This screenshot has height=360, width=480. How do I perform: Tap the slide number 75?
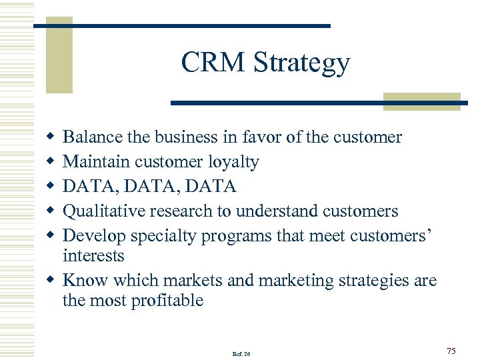tap(451, 351)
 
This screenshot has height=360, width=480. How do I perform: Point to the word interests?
tap(93, 256)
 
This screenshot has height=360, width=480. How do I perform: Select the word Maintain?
tap(96, 162)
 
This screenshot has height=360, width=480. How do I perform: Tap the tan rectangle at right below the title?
tap(422, 101)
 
